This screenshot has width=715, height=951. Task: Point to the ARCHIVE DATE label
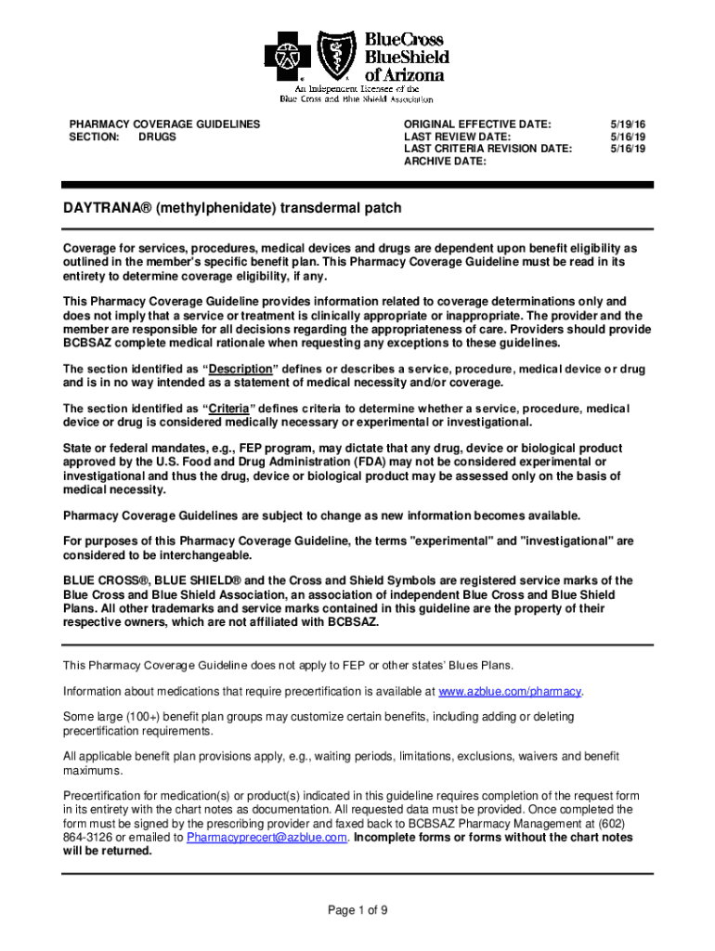point(446,162)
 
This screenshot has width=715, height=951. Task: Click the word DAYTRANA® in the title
point(102,208)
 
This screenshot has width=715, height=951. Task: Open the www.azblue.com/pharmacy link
point(510,692)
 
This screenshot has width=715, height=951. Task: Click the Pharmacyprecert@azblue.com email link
point(266,837)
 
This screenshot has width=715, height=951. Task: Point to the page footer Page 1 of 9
point(357,910)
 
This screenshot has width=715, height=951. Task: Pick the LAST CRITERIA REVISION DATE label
point(488,149)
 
